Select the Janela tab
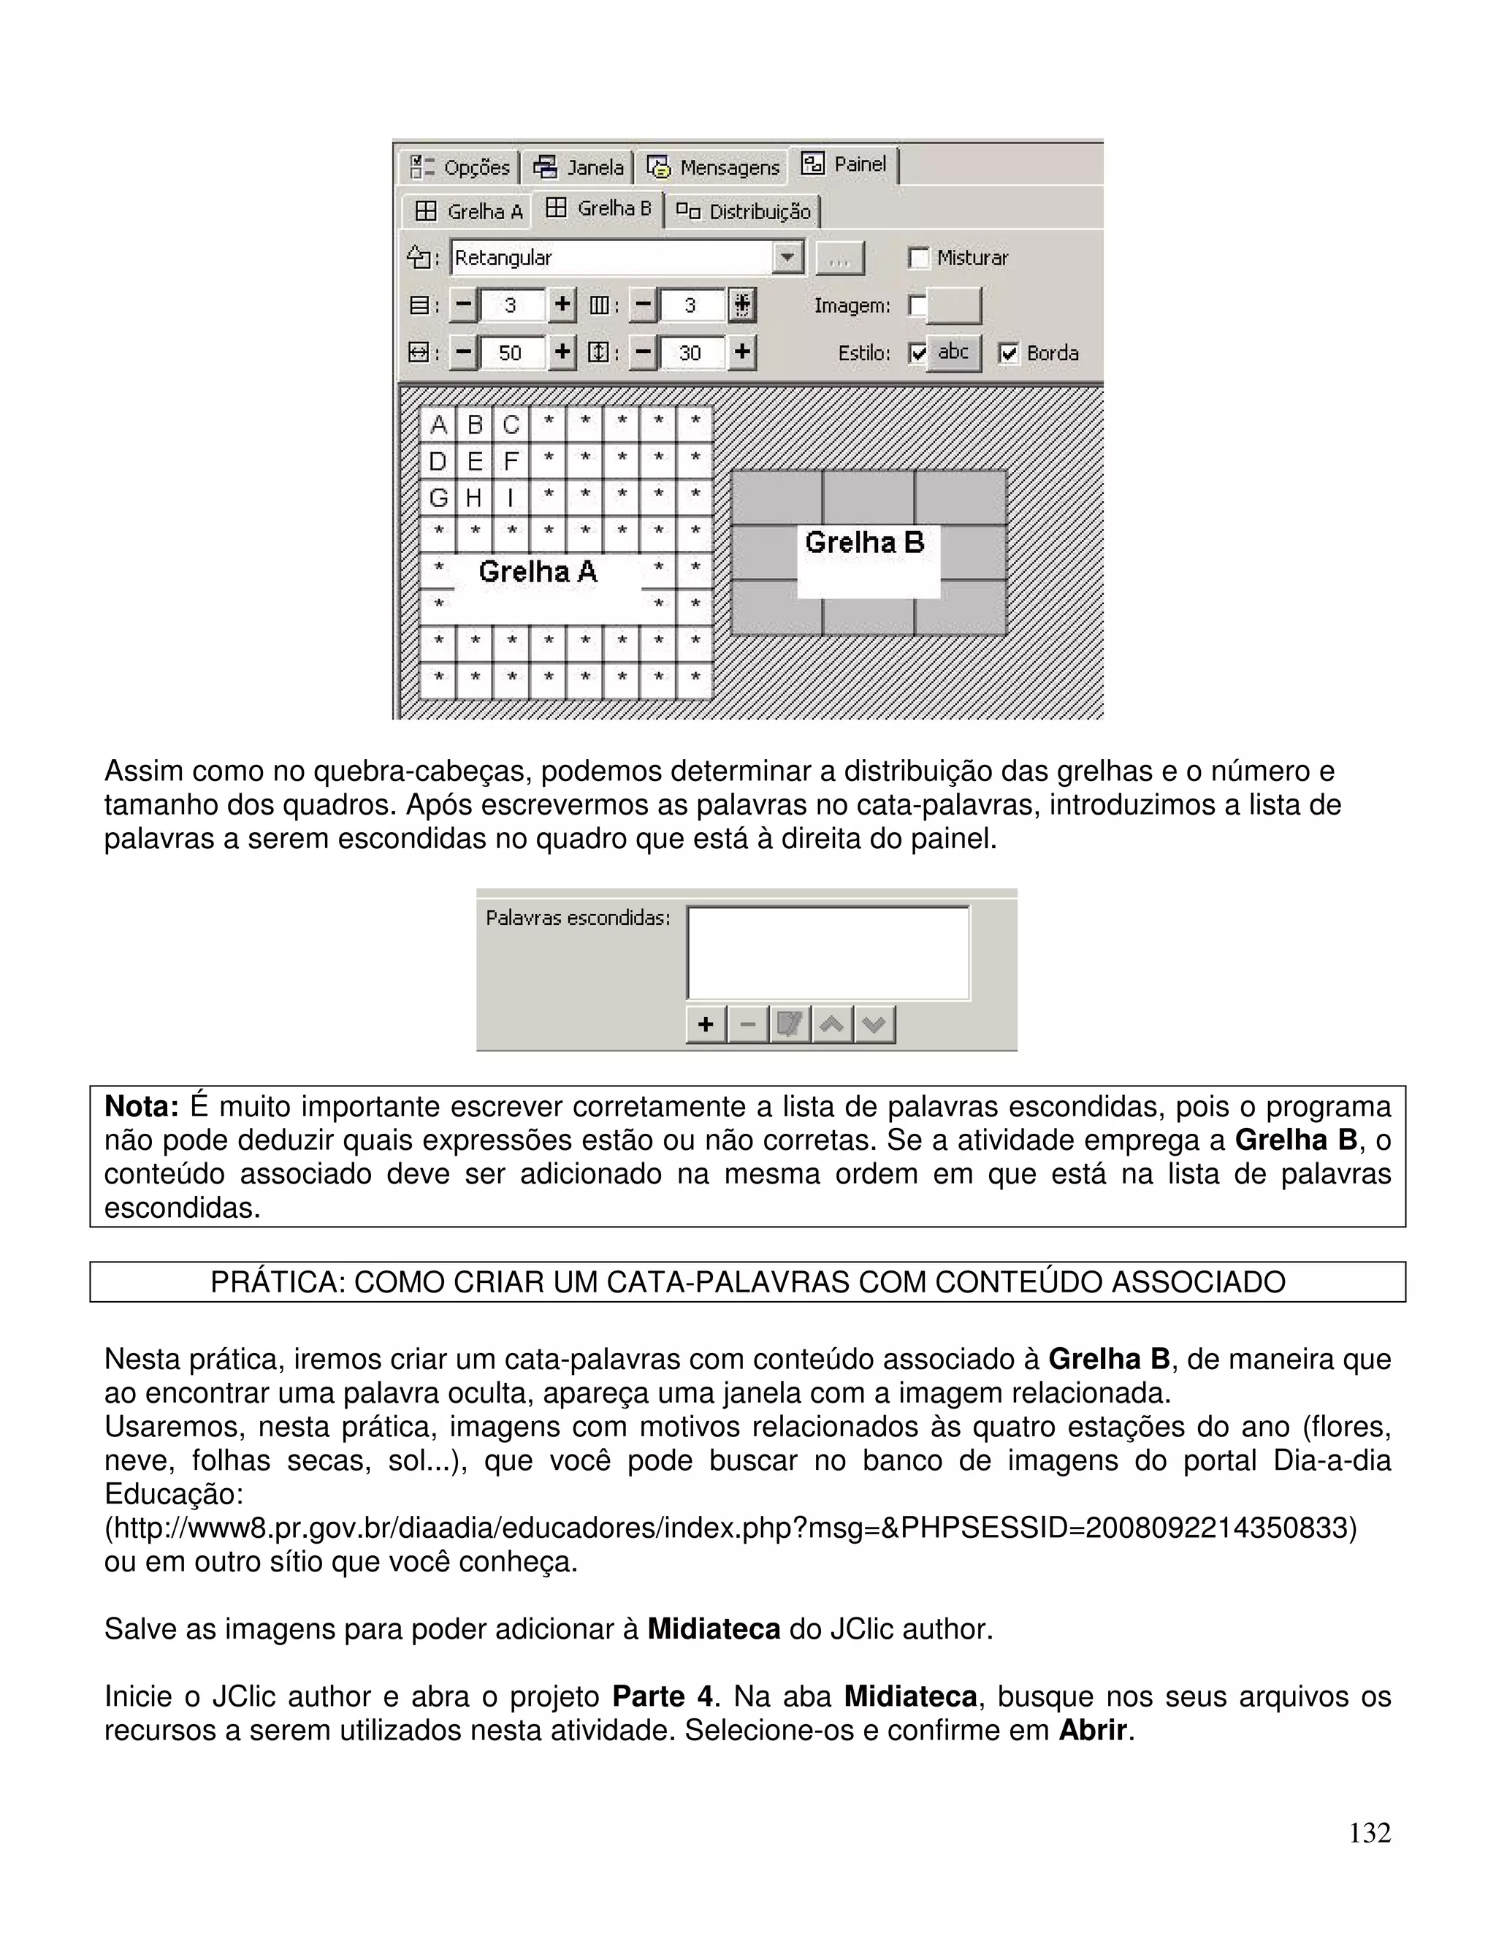point(579,167)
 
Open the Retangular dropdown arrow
point(786,259)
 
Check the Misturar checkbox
point(919,259)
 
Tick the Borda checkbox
point(1007,354)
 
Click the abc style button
point(953,353)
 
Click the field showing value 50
point(511,353)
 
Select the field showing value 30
point(691,353)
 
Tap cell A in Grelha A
point(438,425)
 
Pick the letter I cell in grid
point(511,498)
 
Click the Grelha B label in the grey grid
point(864,543)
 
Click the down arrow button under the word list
point(874,1025)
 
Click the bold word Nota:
point(142,1107)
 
